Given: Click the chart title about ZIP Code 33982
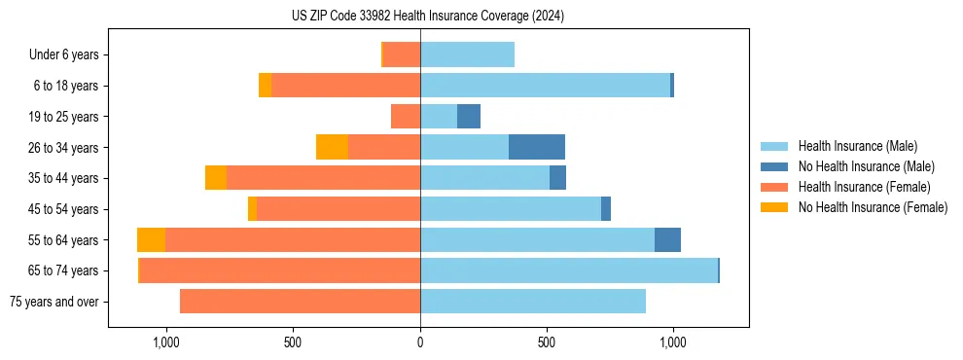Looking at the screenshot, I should [x=427, y=17].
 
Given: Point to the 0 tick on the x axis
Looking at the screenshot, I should [x=420, y=342].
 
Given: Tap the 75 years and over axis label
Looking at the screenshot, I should [x=54, y=302].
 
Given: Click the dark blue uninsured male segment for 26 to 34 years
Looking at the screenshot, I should [x=536, y=147].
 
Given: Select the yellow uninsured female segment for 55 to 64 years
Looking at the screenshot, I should [x=151, y=240].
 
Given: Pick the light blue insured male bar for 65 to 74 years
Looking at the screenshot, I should [x=568, y=270].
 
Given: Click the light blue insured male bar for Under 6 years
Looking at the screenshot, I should [x=467, y=55].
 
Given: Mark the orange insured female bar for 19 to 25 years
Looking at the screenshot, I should [x=406, y=117].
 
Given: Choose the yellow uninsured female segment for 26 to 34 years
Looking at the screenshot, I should [x=332, y=147].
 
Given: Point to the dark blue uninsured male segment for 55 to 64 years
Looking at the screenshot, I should [x=667, y=240].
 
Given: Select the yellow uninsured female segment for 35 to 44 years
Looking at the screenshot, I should [x=216, y=178].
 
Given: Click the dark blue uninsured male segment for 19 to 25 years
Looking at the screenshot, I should [x=469, y=117].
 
